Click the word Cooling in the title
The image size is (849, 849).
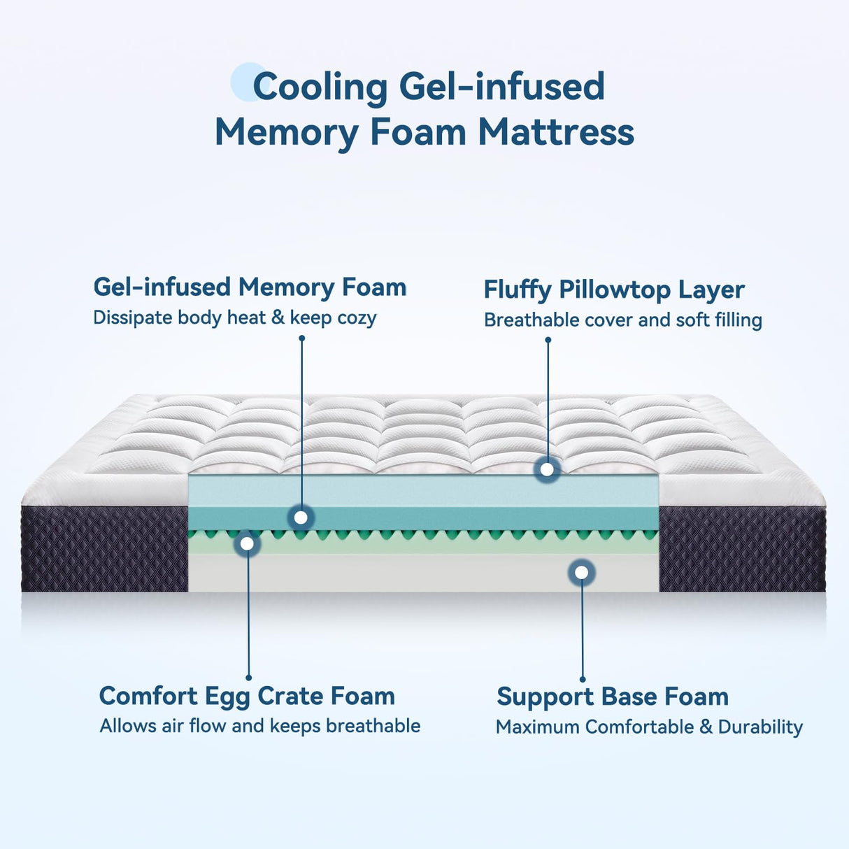pyautogui.click(x=320, y=87)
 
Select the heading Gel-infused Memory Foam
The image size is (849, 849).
pyautogui.click(x=250, y=287)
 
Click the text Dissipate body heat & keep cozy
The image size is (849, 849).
pyautogui.click(x=234, y=318)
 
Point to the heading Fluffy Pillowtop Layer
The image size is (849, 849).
pyautogui.click(x=613, y=290)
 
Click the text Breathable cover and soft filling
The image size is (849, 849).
pyautogui.click(x=622, y=320)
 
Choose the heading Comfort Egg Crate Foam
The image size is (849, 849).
pyautogui.click(x=247, y=696)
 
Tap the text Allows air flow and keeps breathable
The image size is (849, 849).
pyautogui.click(x=259, y=726)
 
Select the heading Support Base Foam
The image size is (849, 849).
pyautogui.click(x=612, y=697)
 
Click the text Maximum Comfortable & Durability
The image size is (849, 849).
pyautogui.click(x=648, y=727)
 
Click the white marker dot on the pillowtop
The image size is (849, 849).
pyautogui.click(x=547, y=469)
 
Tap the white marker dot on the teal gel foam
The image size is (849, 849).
pyautogui.click(x=301, y=518)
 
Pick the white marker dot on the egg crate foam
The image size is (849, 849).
pyautogui.click(x=247, y=543)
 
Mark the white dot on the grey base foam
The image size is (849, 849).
pyautogui.click(x=581, y=572)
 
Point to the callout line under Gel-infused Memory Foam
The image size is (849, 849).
pyautogui.click(x=301, y=420)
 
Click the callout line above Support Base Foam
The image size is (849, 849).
pyautogui.click(x=582, y=629)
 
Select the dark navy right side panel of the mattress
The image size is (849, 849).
pyautogui.click(x=741, y=550)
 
